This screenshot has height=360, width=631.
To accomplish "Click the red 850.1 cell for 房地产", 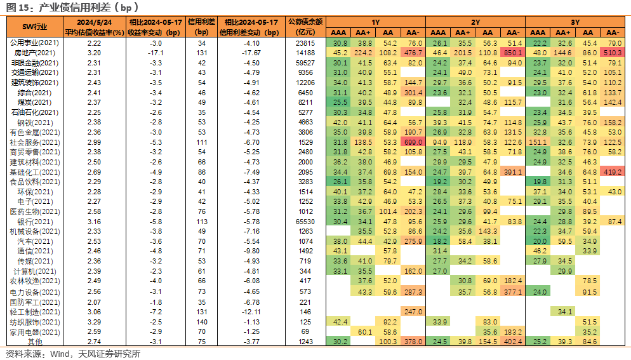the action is (512, 53).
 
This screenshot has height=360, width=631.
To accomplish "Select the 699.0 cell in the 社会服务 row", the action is (413, 142).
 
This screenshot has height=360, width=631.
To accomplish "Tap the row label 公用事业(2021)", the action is (35, 43).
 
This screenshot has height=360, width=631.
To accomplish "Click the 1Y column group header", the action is (375, 22).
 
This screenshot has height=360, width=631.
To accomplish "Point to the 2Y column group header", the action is (475, 22).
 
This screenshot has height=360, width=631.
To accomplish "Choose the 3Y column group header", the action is (575, 22).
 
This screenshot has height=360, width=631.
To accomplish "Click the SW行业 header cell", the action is (35, 27).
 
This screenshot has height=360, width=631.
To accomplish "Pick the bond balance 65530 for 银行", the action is (305, 222).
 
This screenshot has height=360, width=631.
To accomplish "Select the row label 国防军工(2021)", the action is (35, 302).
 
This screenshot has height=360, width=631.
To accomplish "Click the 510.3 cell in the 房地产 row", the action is (613, 53).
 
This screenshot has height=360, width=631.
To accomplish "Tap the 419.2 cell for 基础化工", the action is (613, 172).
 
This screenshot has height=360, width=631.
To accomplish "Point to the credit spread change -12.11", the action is (251, 312).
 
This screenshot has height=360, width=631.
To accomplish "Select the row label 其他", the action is (35, 342).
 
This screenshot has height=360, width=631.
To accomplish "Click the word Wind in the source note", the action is (60, 354).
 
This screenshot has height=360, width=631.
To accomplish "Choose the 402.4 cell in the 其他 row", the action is (512, 342).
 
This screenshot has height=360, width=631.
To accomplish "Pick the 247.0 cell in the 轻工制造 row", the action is (413, 312).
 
